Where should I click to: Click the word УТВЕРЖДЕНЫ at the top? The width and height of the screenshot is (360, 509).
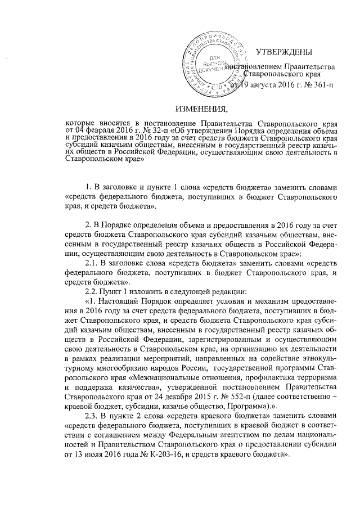point(283,53)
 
